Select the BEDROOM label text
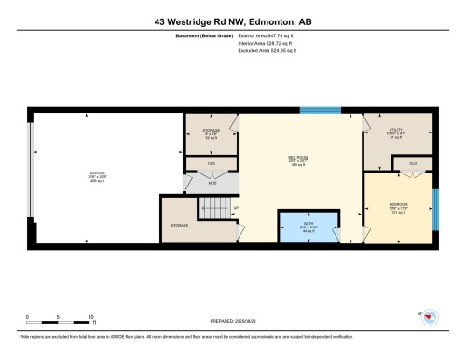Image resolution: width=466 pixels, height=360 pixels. (x=398, y=204)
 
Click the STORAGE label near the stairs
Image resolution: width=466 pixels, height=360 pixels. (x=180, y=225)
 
